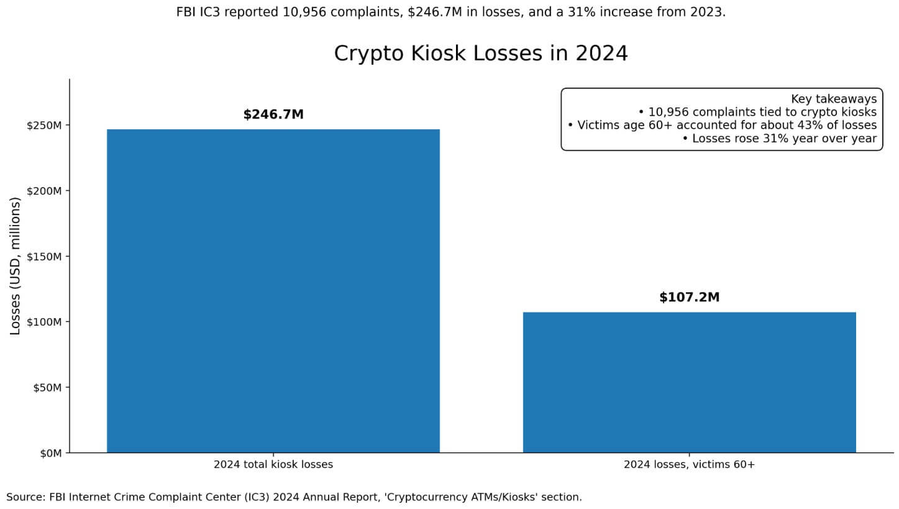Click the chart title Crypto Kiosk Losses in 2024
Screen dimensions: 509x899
pos(480,53)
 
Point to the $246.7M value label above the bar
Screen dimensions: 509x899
pos(273,115)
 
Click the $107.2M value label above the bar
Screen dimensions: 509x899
pos(689,298)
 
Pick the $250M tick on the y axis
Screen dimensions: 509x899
pos(44,126)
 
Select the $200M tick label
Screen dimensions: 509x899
pos(44,191)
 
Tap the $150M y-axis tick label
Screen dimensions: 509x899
pos(44,257)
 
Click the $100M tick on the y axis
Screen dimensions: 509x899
pos(44,322)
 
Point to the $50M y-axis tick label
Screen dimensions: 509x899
pos(47,388)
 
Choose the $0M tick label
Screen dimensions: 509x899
pos(51,454)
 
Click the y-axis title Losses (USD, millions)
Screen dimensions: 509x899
pos(16,266)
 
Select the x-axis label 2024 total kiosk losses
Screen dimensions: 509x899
pos(273,465)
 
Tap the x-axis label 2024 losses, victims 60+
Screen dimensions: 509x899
pos(689,465)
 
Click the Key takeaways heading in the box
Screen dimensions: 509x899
pos(833,99)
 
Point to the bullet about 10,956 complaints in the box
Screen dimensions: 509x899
pos(757,112)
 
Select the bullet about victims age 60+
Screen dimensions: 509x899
pos(722,125)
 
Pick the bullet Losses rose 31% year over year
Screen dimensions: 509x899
pos(779,139)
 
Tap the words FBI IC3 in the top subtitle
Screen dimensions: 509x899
pos(199,12)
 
